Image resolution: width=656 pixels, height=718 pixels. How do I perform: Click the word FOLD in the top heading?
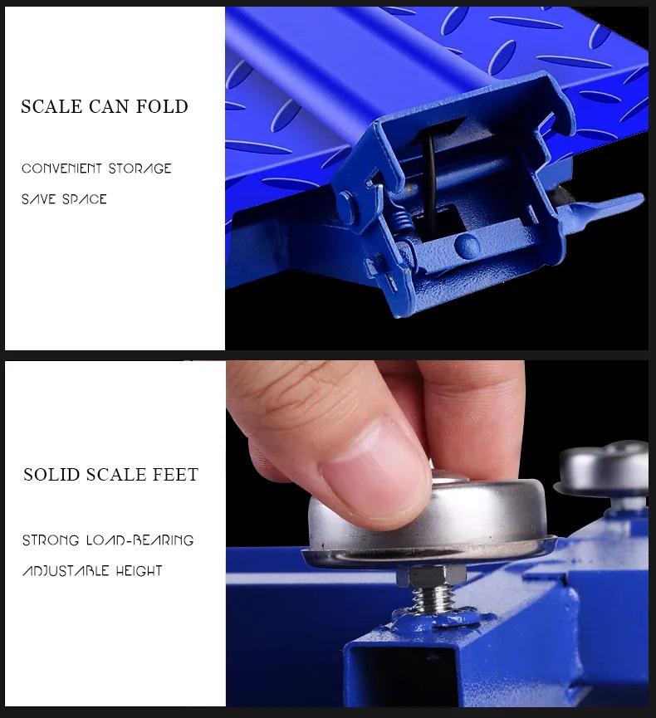tap(162, 107)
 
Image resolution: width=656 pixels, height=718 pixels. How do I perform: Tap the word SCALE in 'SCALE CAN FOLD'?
tap(51, 107)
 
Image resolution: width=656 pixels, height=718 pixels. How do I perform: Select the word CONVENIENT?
tap(61, 169)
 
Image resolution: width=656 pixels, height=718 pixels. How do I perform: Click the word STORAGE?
tap(140, 169)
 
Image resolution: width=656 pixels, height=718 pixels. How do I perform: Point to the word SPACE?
tap(85, 199)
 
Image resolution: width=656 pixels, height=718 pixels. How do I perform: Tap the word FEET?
tap(175, 475)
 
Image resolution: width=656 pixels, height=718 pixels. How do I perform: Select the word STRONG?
tap(51, 540)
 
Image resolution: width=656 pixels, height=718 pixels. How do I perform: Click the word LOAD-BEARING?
tap(140, 540)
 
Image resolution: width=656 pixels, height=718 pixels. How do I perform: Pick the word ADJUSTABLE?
tap(66, 571)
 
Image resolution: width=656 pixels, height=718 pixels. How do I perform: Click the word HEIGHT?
tap(139, 571)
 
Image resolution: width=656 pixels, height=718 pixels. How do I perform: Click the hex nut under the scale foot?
tap(431, 575)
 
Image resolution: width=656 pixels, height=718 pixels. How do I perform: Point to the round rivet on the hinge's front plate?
tap(468, 246)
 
